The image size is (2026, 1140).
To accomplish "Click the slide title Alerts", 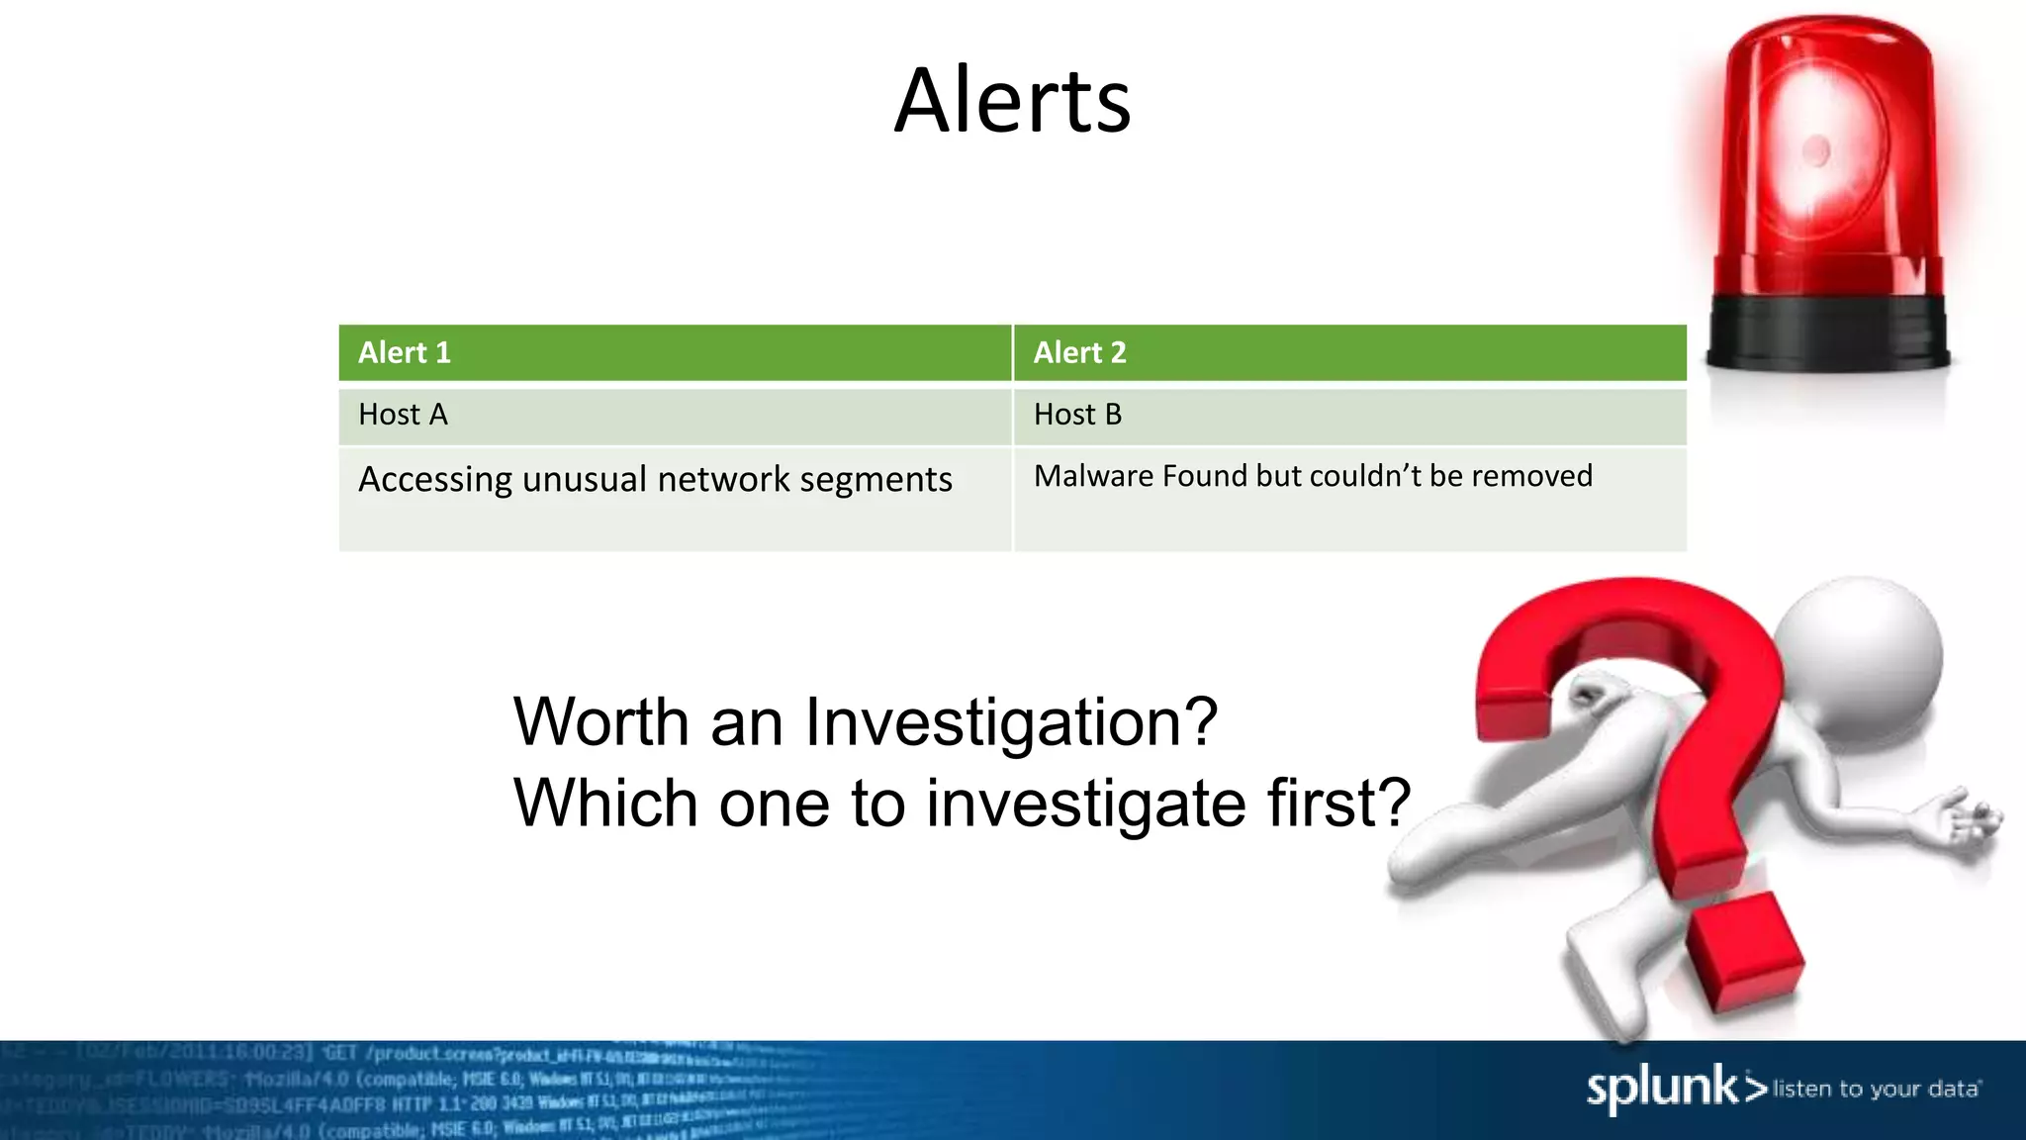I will click(1012, 101).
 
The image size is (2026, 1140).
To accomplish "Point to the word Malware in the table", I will click(1093, 476).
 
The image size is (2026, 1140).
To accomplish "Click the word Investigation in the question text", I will click(1011, 722).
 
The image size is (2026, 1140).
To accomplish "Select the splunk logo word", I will click(1662, 1089).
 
